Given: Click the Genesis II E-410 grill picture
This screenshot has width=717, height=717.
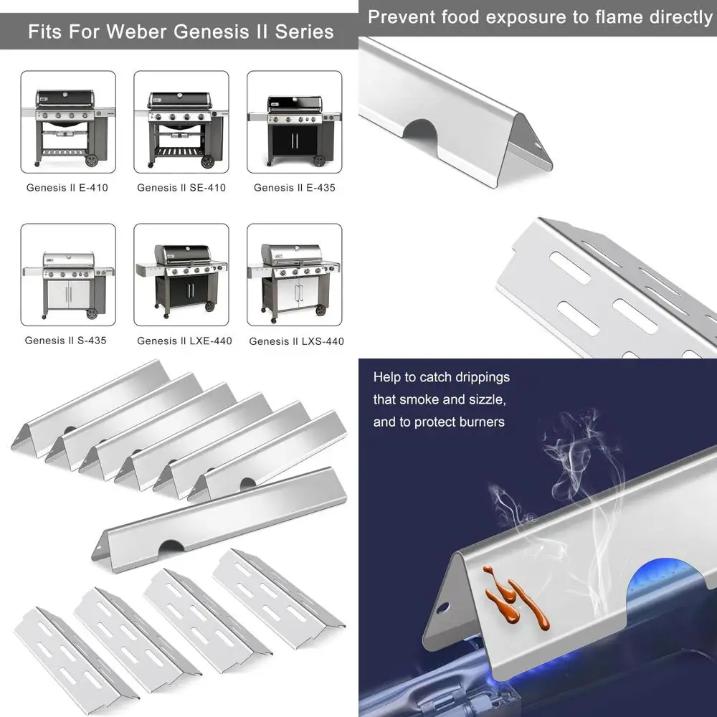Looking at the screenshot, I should click(x=68, y=121).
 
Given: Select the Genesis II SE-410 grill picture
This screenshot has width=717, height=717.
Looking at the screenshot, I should click(x=181, y=121).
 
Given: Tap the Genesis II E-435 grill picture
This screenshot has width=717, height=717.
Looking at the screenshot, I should click(x=294, y=121).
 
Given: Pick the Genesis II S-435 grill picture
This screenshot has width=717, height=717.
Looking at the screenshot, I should click(x=68, y=274).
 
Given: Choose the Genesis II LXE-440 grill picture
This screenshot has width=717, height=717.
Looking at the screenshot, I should click(x=181, y=274).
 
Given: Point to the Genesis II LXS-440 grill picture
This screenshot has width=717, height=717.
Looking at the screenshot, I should click(x=294, y=274).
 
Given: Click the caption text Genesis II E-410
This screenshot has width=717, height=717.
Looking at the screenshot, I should click(x=67, y=188).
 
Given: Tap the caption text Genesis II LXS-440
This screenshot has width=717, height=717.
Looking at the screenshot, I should click(x=296, y=341).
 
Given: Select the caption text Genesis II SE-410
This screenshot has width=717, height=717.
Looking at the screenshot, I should click(x=181, y=188).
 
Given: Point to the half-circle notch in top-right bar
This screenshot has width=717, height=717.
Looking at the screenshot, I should click(x=422, y=130).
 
